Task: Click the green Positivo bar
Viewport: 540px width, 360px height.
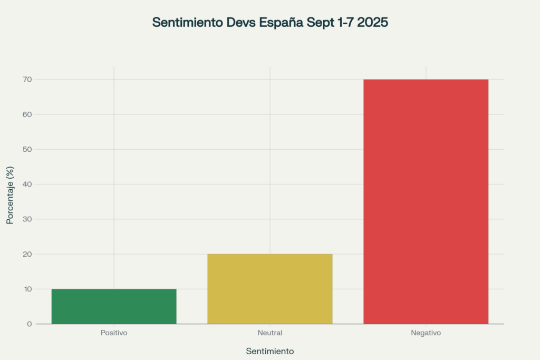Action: (x=114, y=306)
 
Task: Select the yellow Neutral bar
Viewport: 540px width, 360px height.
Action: (x=270, y=289)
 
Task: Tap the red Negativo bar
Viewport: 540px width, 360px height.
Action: (x=426, y=201)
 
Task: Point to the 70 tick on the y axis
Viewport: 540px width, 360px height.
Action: (x=27, y=80)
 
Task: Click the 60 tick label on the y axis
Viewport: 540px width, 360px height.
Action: (x=27, y=114)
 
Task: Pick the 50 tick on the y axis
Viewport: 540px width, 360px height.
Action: (x=27, y=149)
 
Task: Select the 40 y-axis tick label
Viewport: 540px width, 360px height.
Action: (x=27, y=184)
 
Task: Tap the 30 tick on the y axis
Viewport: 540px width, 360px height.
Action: (x=27, y=219)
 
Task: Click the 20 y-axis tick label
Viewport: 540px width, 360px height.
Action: (x=27, y=254)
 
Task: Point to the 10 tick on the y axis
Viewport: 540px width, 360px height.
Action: (x=27, y=289)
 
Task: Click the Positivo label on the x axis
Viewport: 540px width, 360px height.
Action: (x=114, y=333)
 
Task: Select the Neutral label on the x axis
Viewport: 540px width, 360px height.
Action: (x=270, y=333)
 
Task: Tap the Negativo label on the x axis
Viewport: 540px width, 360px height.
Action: (x=426, y=333)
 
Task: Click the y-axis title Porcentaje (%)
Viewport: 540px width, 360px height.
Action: (x=10, y=196)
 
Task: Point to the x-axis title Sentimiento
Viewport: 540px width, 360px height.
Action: (x=270, y=351)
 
